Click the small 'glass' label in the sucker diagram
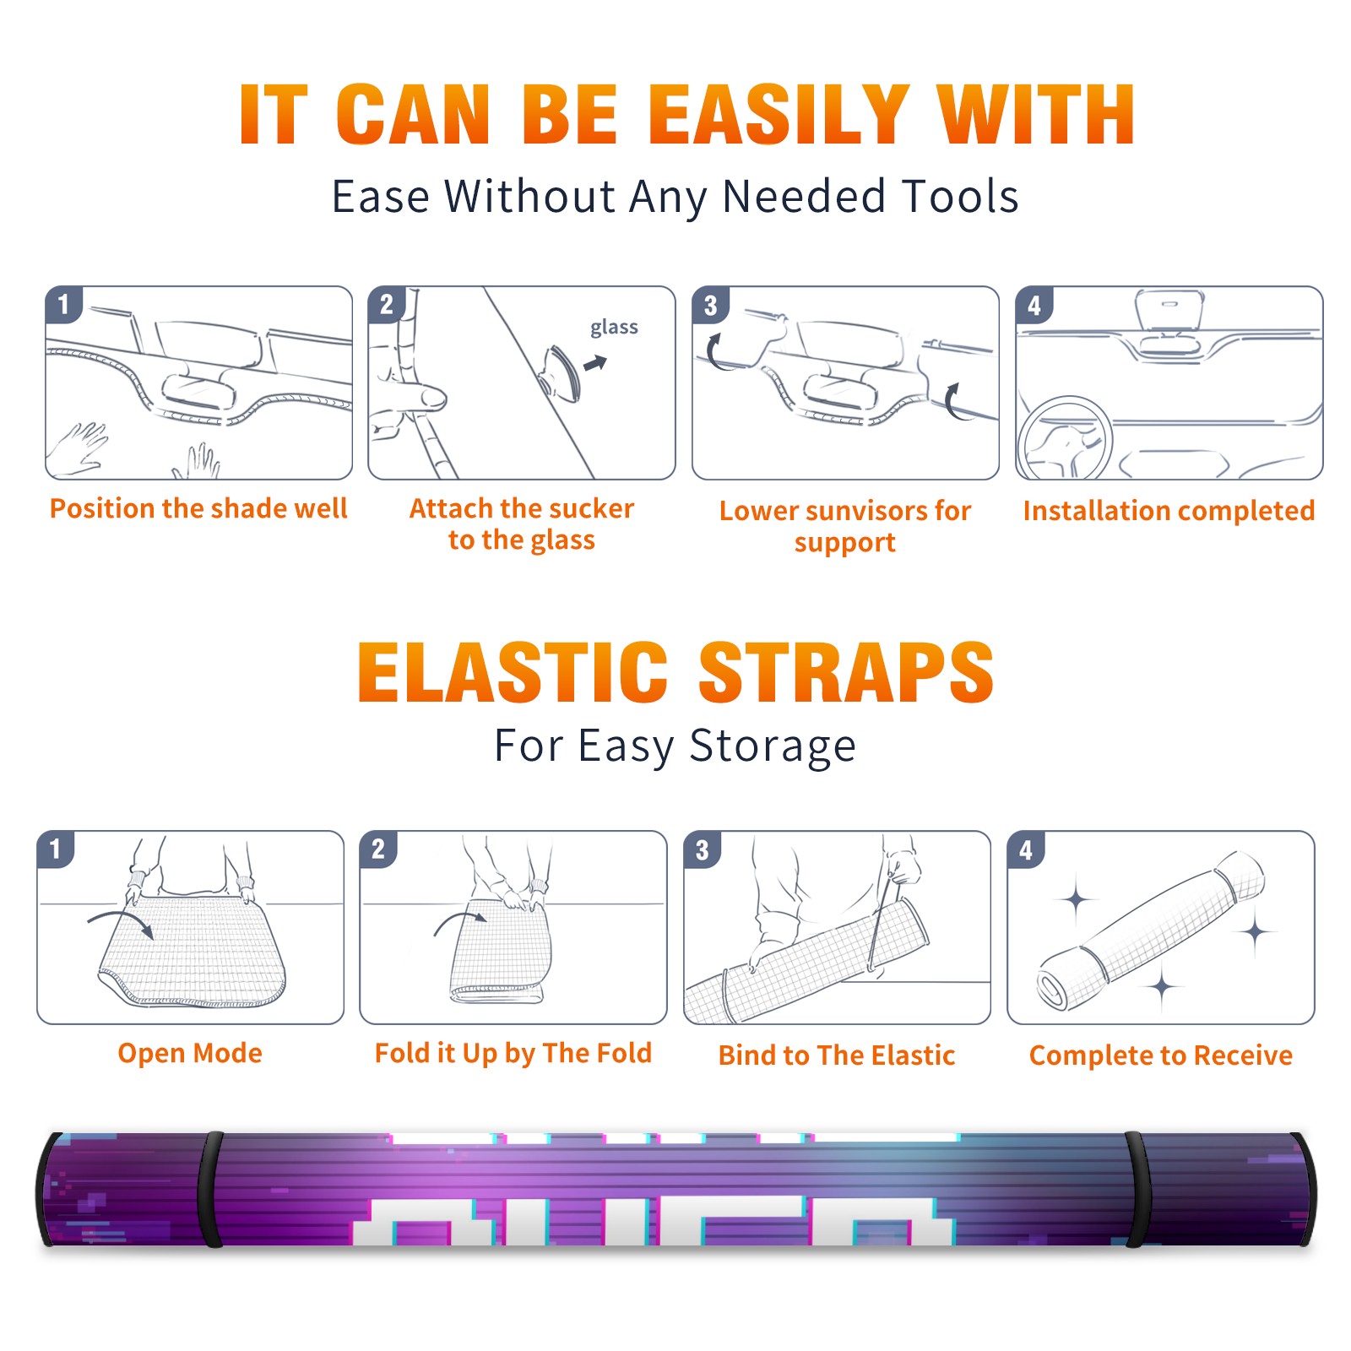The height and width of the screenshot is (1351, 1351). coord(614,328)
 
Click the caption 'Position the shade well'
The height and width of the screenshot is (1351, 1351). coord(198,508)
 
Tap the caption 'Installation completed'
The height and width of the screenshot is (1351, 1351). coord(1169,510)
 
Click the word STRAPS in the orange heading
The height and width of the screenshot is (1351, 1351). coord(846,672)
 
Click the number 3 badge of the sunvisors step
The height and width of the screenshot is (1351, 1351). coord(710,306)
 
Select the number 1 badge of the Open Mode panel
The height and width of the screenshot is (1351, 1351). coord(56,849)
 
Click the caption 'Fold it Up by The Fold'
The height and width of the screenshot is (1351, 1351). coord(513,1053)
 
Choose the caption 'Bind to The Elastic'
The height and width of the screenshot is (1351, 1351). coord(836,1055)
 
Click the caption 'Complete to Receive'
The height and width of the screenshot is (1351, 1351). coord(1160,1055)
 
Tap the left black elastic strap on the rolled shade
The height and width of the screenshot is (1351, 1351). coord(209,1189)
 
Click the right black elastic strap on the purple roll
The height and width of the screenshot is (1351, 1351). coord(1137,1189)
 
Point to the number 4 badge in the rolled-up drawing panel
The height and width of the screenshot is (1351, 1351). coord(1026,849)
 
